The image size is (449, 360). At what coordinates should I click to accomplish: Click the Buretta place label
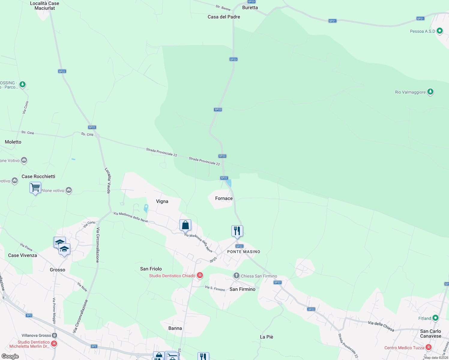[x=250, y=7]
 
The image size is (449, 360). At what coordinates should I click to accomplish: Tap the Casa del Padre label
[x=224, y=17]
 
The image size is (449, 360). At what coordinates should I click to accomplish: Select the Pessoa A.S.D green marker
[x=440, y=31]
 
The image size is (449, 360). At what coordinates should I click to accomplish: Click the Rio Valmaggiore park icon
[x=430, y=91]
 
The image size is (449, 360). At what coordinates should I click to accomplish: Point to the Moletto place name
[x=13, y=142]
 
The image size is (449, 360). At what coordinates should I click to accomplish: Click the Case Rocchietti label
[x=38, y=176]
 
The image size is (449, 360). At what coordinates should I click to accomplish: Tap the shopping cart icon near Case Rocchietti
[x=35, y=188]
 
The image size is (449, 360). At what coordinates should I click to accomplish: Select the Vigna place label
[x=162, y=201]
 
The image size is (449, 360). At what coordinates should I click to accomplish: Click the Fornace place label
[x=224, y=198]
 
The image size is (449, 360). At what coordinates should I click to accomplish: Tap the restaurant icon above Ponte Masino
[x=237, y=231]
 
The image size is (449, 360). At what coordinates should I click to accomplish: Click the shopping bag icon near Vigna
[x=185, y=225]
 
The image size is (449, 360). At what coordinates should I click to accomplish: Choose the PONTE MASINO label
[x=244, y=252]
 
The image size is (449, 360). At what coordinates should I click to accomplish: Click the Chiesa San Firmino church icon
[x=237, y=276]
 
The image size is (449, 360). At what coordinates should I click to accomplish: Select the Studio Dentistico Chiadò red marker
[x=200, y=275]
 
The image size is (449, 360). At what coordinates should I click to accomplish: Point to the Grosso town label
[x=57, y=270]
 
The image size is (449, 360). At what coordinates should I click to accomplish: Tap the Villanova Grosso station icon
[x=54, y=335]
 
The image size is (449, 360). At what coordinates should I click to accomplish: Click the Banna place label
[x=175, y=328]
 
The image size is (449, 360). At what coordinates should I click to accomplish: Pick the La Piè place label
[x=267, y=337]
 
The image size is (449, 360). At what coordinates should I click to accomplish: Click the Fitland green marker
[x=435, y=318]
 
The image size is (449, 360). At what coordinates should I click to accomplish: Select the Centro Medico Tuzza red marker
[x=429, y=347]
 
